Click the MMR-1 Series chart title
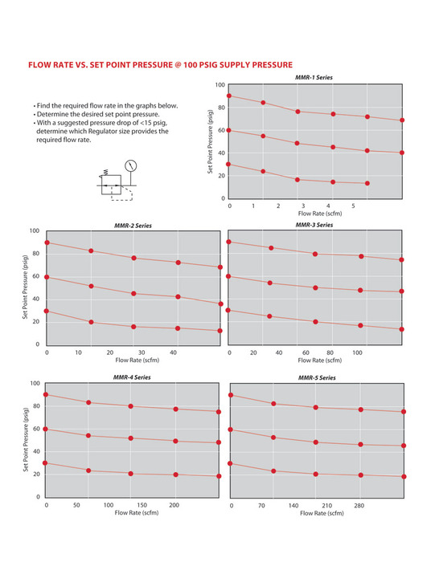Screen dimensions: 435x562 pyautogui.click(x=314, y=77)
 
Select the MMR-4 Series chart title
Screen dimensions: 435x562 pyautogui.click(x=132, y=377)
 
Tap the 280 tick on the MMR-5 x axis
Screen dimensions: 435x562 pyautogui.click(x=359, y=506)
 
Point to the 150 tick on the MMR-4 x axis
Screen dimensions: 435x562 pyautogui.click(x=142, y=505)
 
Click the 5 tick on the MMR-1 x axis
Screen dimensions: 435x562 pyautogui.click(x=353, y=206)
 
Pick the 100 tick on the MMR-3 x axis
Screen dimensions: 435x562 pyautogui.click(x=357, y=352)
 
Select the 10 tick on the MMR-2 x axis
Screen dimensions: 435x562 pyautogui.click(x=78, y=352)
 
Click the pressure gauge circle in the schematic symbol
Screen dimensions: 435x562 pyautogui.click(x=130, y=165)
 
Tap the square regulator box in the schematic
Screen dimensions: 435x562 pyautogui.click(x=111, y=185)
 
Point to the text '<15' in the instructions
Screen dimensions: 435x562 pyautogui.click(x=146, y=123)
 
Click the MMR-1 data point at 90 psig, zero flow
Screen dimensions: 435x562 pyautogui.click(x=229, y=96)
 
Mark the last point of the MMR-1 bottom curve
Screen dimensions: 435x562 pyautogui.click(x=367, y=183)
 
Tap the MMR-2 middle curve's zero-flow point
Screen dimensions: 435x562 pyautogui.click(x=47, y=277)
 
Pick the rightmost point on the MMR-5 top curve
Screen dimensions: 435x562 pyautogui.click(x=404, y=412)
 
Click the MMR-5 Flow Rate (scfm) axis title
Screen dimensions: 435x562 pyautogui.click(x=322, y=513)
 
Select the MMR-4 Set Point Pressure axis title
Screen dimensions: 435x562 pyautogui.click(x=26, y=439)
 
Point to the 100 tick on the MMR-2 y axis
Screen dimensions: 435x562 pyautogui.click(x=35, y=231)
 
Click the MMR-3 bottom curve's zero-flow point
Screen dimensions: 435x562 pyautogui.click(x=228, y=310)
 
